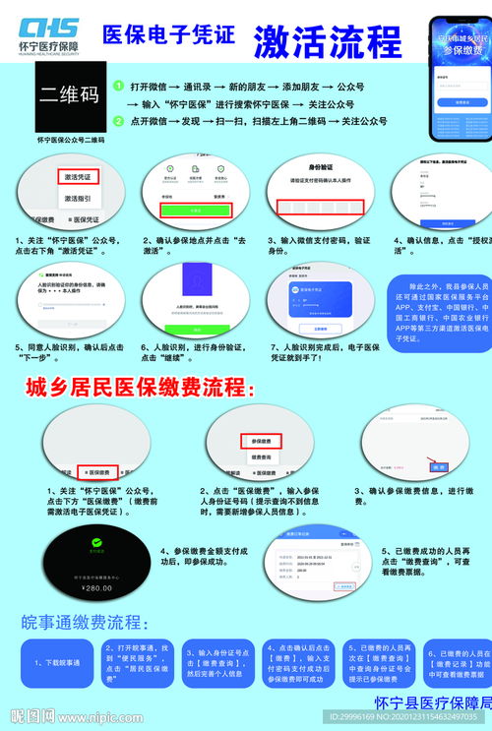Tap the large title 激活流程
pyautogui.click(x=327, y=42)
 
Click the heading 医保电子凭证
pyautogui.click(x=168, y=35)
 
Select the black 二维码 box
pyautogui.click(x=69, y=95)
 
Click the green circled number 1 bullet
pyautogui.click(x=118, y=86)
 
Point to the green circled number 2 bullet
pyautogui.click(x=118, y=120)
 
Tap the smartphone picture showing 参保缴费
pyautogui.click(x=460, y=79)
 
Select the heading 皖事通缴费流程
pyautogui.click(x=86, y=623)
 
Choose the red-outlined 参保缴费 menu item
pyautogui.click(x=261, y=442)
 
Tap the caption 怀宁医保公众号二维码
pyautogui.click(x=70, y=140)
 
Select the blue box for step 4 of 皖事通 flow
pyautogui.click(x=299, y=664)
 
